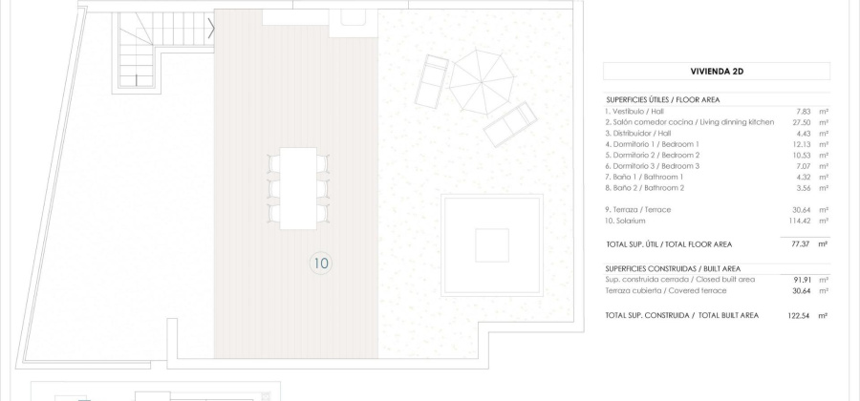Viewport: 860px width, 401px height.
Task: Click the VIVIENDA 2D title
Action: [x=717, y=71]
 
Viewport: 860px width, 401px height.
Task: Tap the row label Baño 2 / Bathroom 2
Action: [x=645, y=188]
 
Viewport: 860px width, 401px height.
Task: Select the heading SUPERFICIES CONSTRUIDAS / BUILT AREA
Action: [x=674, y=268]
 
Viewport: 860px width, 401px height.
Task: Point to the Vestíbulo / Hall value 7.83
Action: [x=804, y=112]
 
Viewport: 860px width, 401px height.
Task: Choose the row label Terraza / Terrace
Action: [x=639, y=209]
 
